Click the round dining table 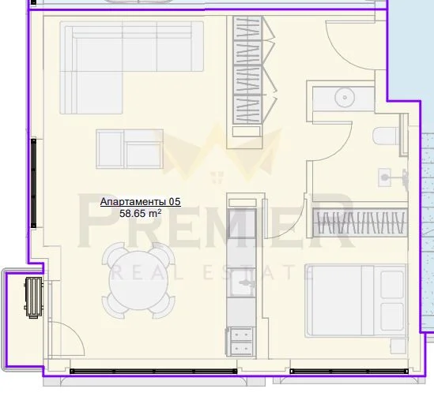pos(138,280)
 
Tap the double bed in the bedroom pos(356,301)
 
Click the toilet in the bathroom pos(386,136)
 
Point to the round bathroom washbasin pos(345,97)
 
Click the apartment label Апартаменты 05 pos(141,202)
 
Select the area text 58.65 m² pos(141,213)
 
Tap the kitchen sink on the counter pos(243,282)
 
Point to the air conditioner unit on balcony pos(34,297)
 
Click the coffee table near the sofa pos(130,149)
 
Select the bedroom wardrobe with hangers pos(360,223)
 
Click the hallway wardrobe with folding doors pos(247,69)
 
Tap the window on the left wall pos(33,183)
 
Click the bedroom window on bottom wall pos(349,372)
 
